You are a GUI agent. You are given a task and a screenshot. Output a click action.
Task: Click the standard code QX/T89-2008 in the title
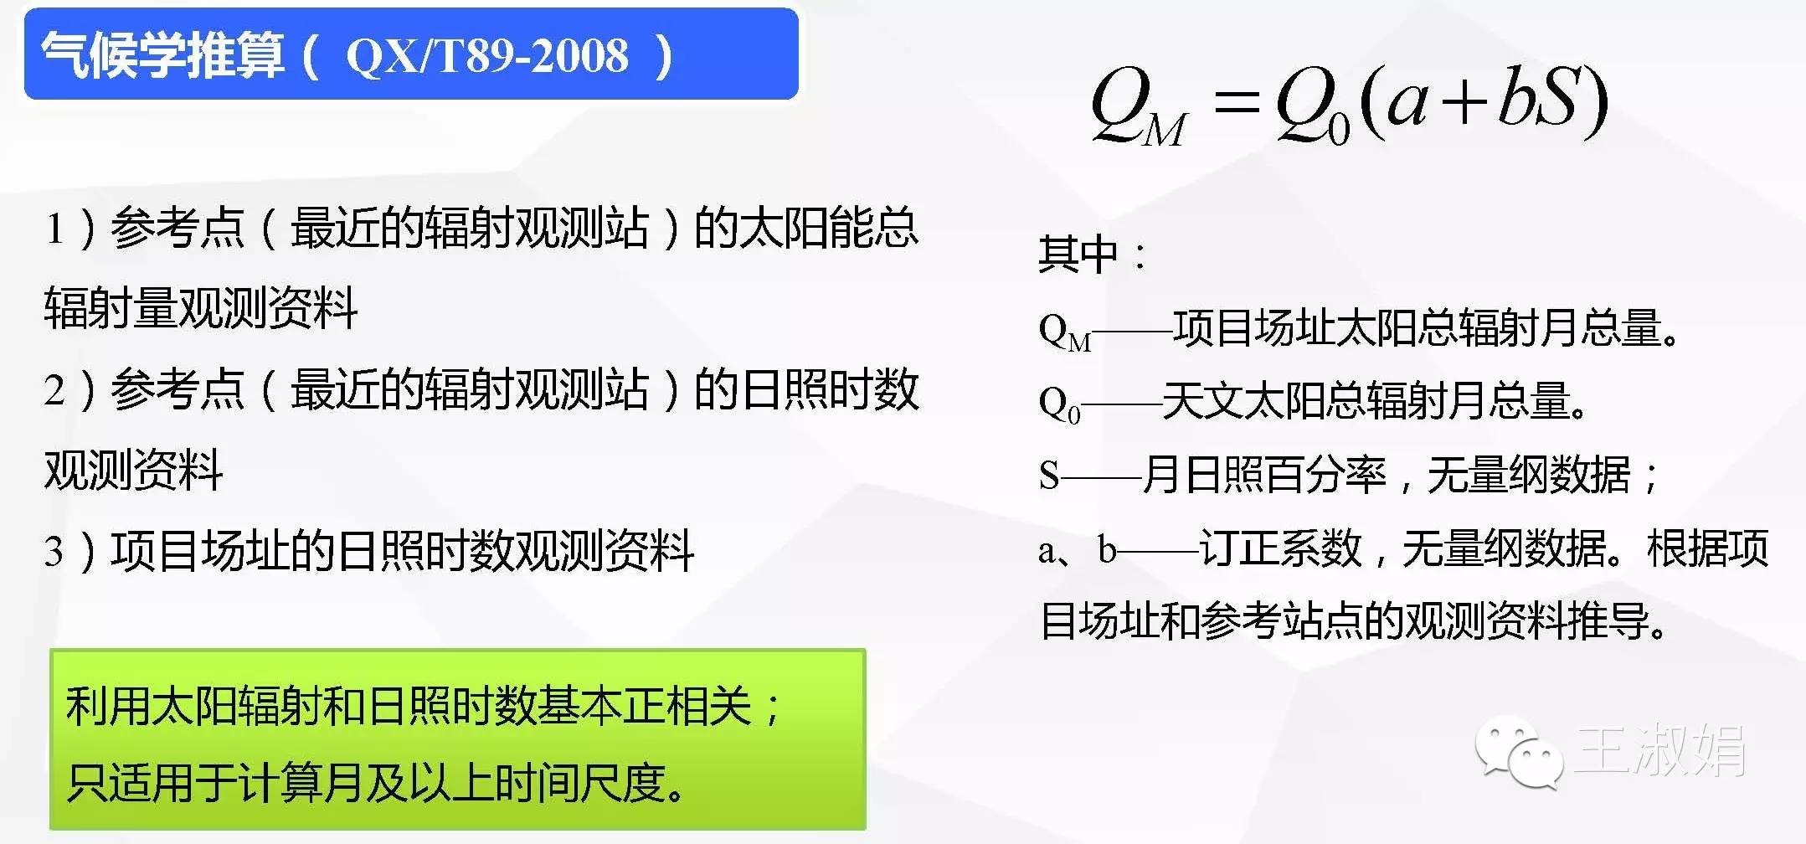[x=486, y=57]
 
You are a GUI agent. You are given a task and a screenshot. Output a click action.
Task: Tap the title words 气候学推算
[x=163, y=56]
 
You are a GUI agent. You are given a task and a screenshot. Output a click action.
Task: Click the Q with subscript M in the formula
[x=1139, y=106]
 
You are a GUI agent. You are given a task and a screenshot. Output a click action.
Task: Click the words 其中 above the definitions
[x=1078, y=254]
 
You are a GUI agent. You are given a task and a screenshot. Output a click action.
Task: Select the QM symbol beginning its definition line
[x=1065, y=331]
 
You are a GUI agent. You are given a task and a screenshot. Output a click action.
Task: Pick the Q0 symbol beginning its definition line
[x=1059, y=404]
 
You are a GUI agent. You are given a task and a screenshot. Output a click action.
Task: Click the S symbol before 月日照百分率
[x=1049, y=476]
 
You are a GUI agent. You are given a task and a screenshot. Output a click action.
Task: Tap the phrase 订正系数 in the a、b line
[x=1280, y=548]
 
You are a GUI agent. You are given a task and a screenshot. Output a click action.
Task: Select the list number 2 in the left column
[x=54, y=390]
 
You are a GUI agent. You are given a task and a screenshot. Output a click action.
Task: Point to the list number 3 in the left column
[x=54, y=552]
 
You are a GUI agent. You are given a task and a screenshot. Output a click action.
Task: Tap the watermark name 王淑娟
[x=1660, y=749]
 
